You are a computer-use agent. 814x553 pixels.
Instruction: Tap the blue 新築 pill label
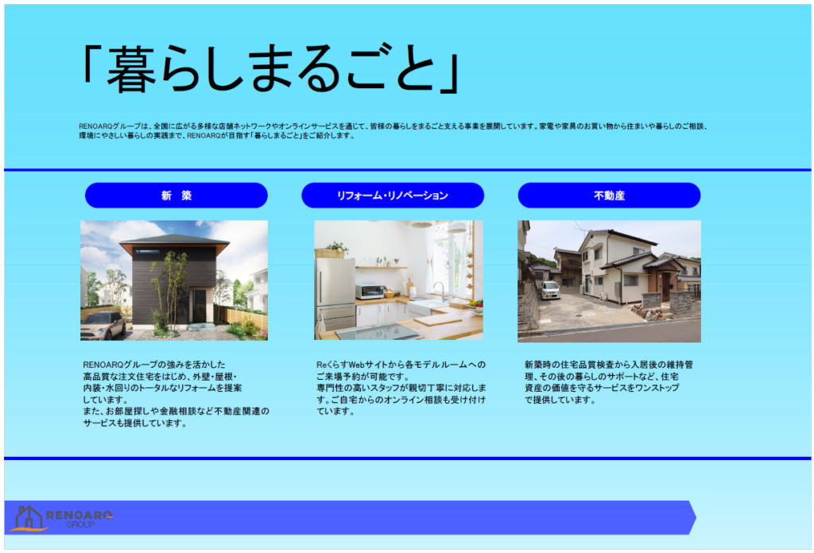(176, 195)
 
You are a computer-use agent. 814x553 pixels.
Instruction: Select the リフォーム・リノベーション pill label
(393, 195)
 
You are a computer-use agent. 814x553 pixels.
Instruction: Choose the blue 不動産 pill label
(609, 195)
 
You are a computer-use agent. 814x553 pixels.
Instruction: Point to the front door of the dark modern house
(199, 306)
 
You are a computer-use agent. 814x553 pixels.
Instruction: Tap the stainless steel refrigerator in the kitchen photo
(335, 294)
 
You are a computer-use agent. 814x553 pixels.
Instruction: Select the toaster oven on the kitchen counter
(370, 292)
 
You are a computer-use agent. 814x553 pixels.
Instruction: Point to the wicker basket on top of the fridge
(329, 253)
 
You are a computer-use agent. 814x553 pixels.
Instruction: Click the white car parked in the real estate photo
(550, 290)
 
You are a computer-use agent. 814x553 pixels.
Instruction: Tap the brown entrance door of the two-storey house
(666, 287)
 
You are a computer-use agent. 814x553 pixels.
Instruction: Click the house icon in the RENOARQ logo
(29, 518)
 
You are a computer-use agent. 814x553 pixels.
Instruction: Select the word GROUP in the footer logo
(80, 524)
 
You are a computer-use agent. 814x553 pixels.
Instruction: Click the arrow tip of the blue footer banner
(696, 517)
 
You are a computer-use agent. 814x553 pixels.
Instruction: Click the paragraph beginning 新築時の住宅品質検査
(608, 382)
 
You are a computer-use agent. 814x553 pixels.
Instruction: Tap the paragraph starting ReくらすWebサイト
(401, 388)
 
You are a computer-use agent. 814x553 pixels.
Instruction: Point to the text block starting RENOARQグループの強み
(176, 394)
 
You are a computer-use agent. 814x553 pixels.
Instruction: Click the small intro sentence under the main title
(393, 131)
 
